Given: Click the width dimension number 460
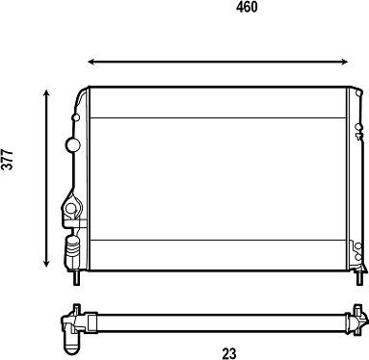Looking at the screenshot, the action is click(x=247, y=7).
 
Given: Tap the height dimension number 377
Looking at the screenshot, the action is click(x=8, y=159).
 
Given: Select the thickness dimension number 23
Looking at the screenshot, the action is click(x=229, y=353).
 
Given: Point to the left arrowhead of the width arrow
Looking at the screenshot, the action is click(x=91, y=62).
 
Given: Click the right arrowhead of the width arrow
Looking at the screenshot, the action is click(x=345, y=62).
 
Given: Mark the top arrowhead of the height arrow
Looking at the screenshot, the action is click(x=46, y=93).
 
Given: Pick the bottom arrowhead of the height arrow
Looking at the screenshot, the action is click(x=46, y=264).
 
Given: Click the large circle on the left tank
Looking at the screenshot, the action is click(x=73, y=144).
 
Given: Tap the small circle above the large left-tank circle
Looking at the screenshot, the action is click(x=76, y=117).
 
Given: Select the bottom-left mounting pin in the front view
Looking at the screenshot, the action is click(x=76, y=278).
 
